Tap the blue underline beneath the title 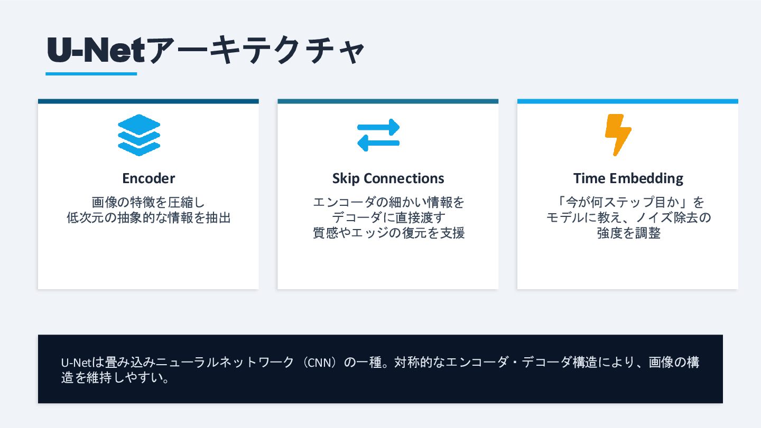[91, 74]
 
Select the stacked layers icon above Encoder [139, 135]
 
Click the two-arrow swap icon [378, 135]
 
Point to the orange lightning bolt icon [618, 135]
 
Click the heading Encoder [149, 178]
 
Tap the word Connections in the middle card [402, 178]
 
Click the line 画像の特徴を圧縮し [149, 202]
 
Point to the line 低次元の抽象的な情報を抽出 [149, 217]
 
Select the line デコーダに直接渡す [388, 217]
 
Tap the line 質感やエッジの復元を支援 [388, 233]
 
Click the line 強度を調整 [628, 233]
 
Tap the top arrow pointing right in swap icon [378, 127]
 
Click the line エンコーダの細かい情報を [388, 202]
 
